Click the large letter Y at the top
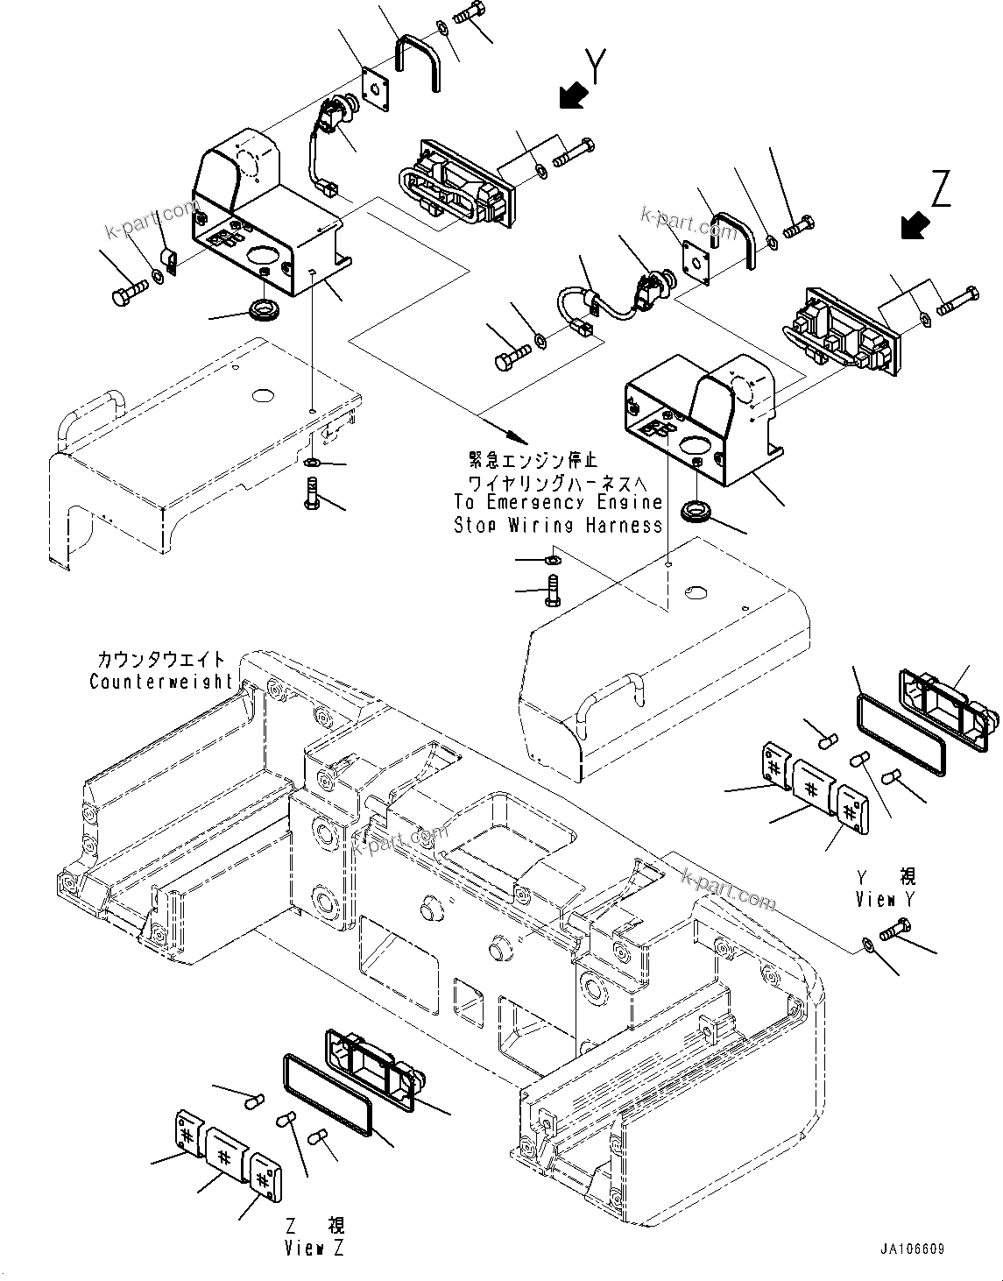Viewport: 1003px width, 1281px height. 596,67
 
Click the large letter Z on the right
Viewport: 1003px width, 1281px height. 940,190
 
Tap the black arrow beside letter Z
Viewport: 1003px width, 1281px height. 915,226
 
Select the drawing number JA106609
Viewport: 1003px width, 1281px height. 913,1249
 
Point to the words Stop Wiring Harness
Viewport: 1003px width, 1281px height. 558,525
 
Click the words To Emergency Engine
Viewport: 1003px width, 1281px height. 558,503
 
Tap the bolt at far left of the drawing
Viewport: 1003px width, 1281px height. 129,293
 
